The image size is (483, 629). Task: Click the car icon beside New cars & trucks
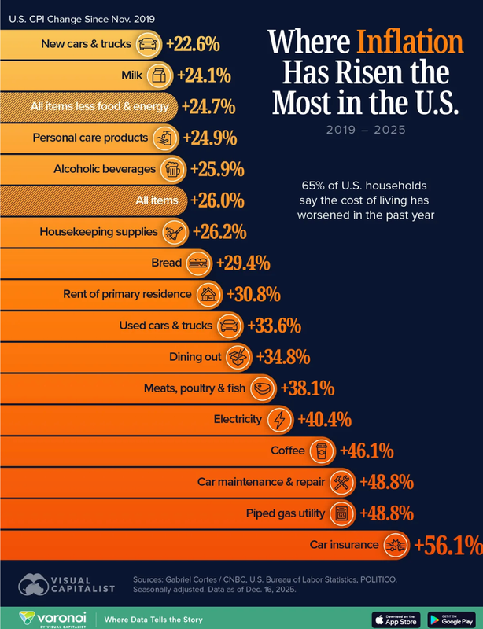point(147,44)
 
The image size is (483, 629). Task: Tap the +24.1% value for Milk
point(204,75)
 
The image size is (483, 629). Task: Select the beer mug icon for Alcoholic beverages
point(171,168)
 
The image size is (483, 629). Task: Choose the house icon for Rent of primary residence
point(208,294)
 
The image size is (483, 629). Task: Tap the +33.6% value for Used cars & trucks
point(274,325)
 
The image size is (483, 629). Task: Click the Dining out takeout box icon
point(238,356)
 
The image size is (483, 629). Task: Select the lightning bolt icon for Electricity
point(279,419)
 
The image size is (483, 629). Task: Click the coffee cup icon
point(320,451)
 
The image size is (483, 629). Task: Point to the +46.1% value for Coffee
point(366,451)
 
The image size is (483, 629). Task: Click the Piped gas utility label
point(285,513)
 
